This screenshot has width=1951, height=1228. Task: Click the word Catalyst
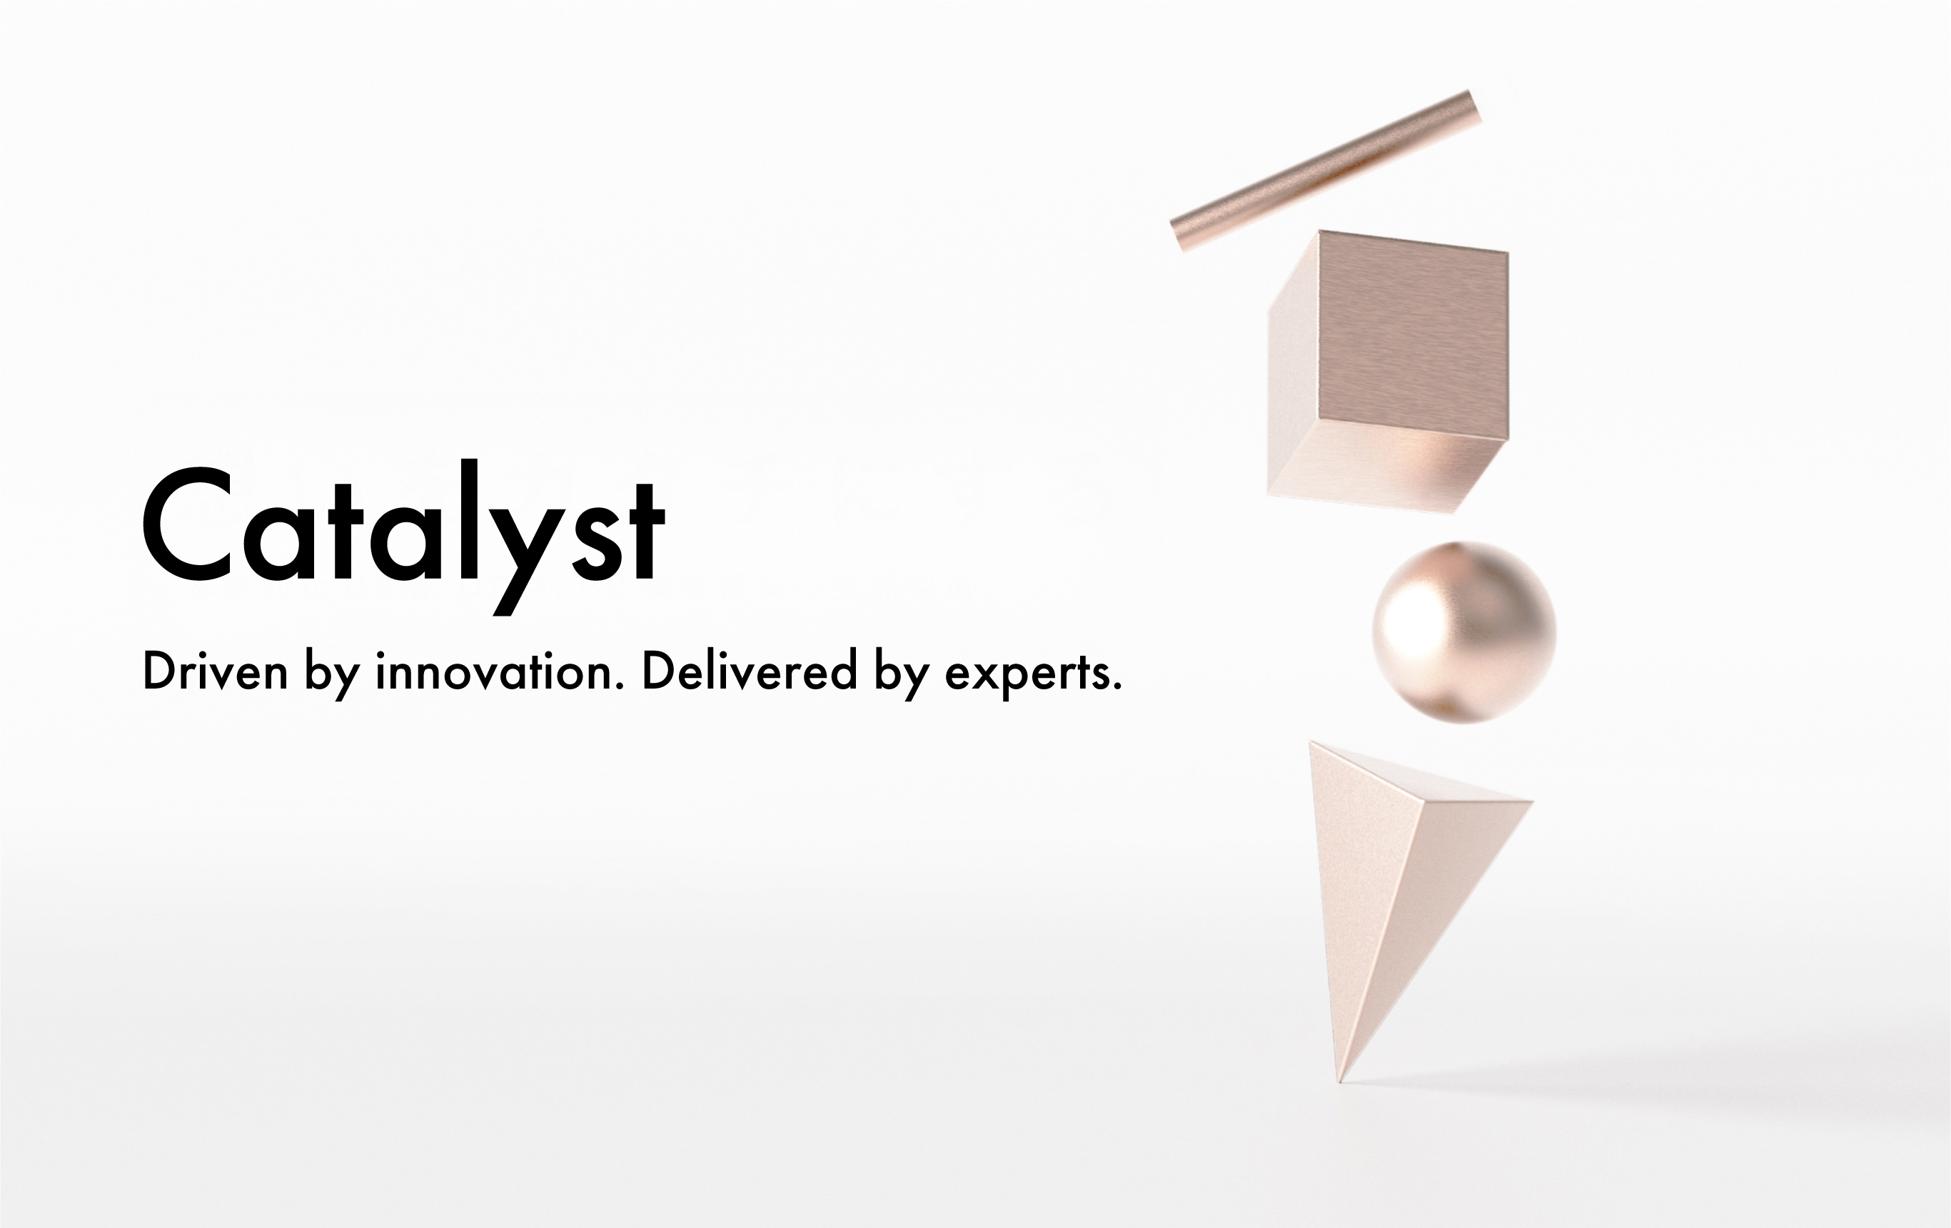coord(403,537)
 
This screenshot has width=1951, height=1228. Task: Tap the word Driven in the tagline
coord(216,671)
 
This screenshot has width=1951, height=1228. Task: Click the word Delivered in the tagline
coord(750,671)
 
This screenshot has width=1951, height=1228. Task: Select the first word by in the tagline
coord(332,674)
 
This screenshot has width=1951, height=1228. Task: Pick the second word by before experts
coord(901,674)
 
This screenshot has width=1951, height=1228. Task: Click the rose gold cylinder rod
coord(1326,171)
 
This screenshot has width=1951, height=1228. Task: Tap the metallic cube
coord(1388,372)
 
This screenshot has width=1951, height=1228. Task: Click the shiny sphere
coord(1464,631)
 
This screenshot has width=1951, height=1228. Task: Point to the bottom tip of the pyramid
coord(1340,1082)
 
